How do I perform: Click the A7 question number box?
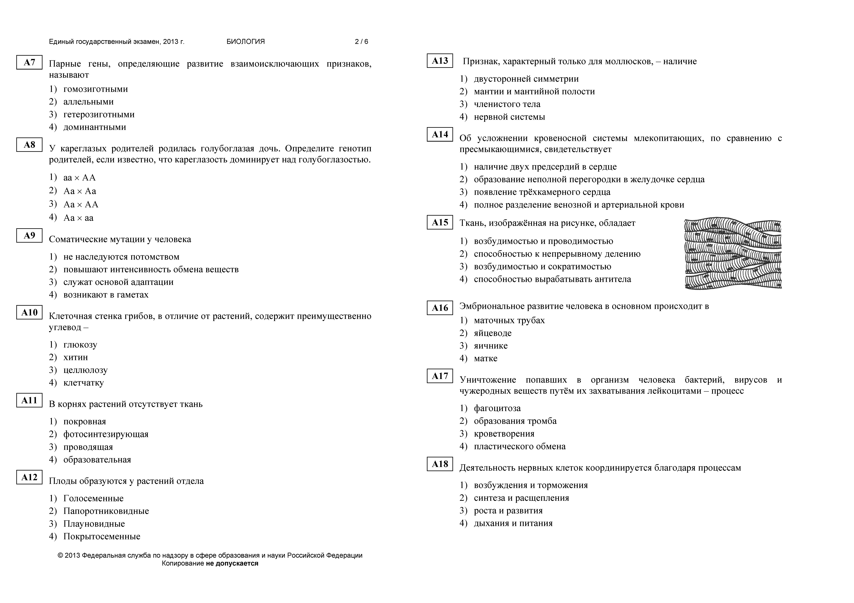(x=29, y=62)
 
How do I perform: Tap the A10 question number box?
(x=29, y=313)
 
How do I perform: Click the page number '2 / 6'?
(x=361, y=42)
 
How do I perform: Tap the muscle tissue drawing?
(x=733, y=254)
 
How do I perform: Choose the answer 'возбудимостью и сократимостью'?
(x=542, y=267)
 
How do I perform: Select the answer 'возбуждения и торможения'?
(x=531, y=485)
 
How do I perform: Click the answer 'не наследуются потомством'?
(x=121, y=257)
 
